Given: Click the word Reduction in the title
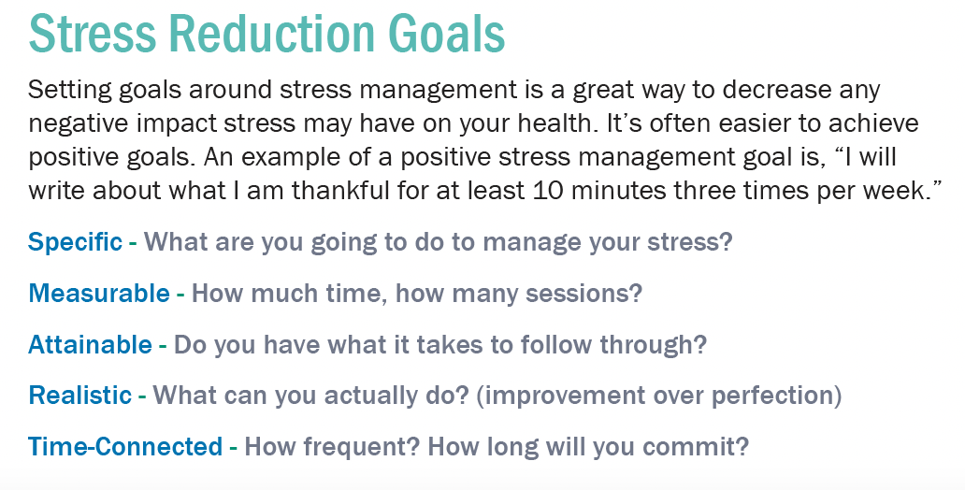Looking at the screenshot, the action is (x=272, y=34).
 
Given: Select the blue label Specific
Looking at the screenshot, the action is (x=75, y=242).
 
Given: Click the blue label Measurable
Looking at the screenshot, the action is (x=99, y=293).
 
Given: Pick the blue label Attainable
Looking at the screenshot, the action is (x=90, y=345).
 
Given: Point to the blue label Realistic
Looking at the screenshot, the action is (x=80, y=396).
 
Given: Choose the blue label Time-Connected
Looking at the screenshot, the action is (x=125, y=446).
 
